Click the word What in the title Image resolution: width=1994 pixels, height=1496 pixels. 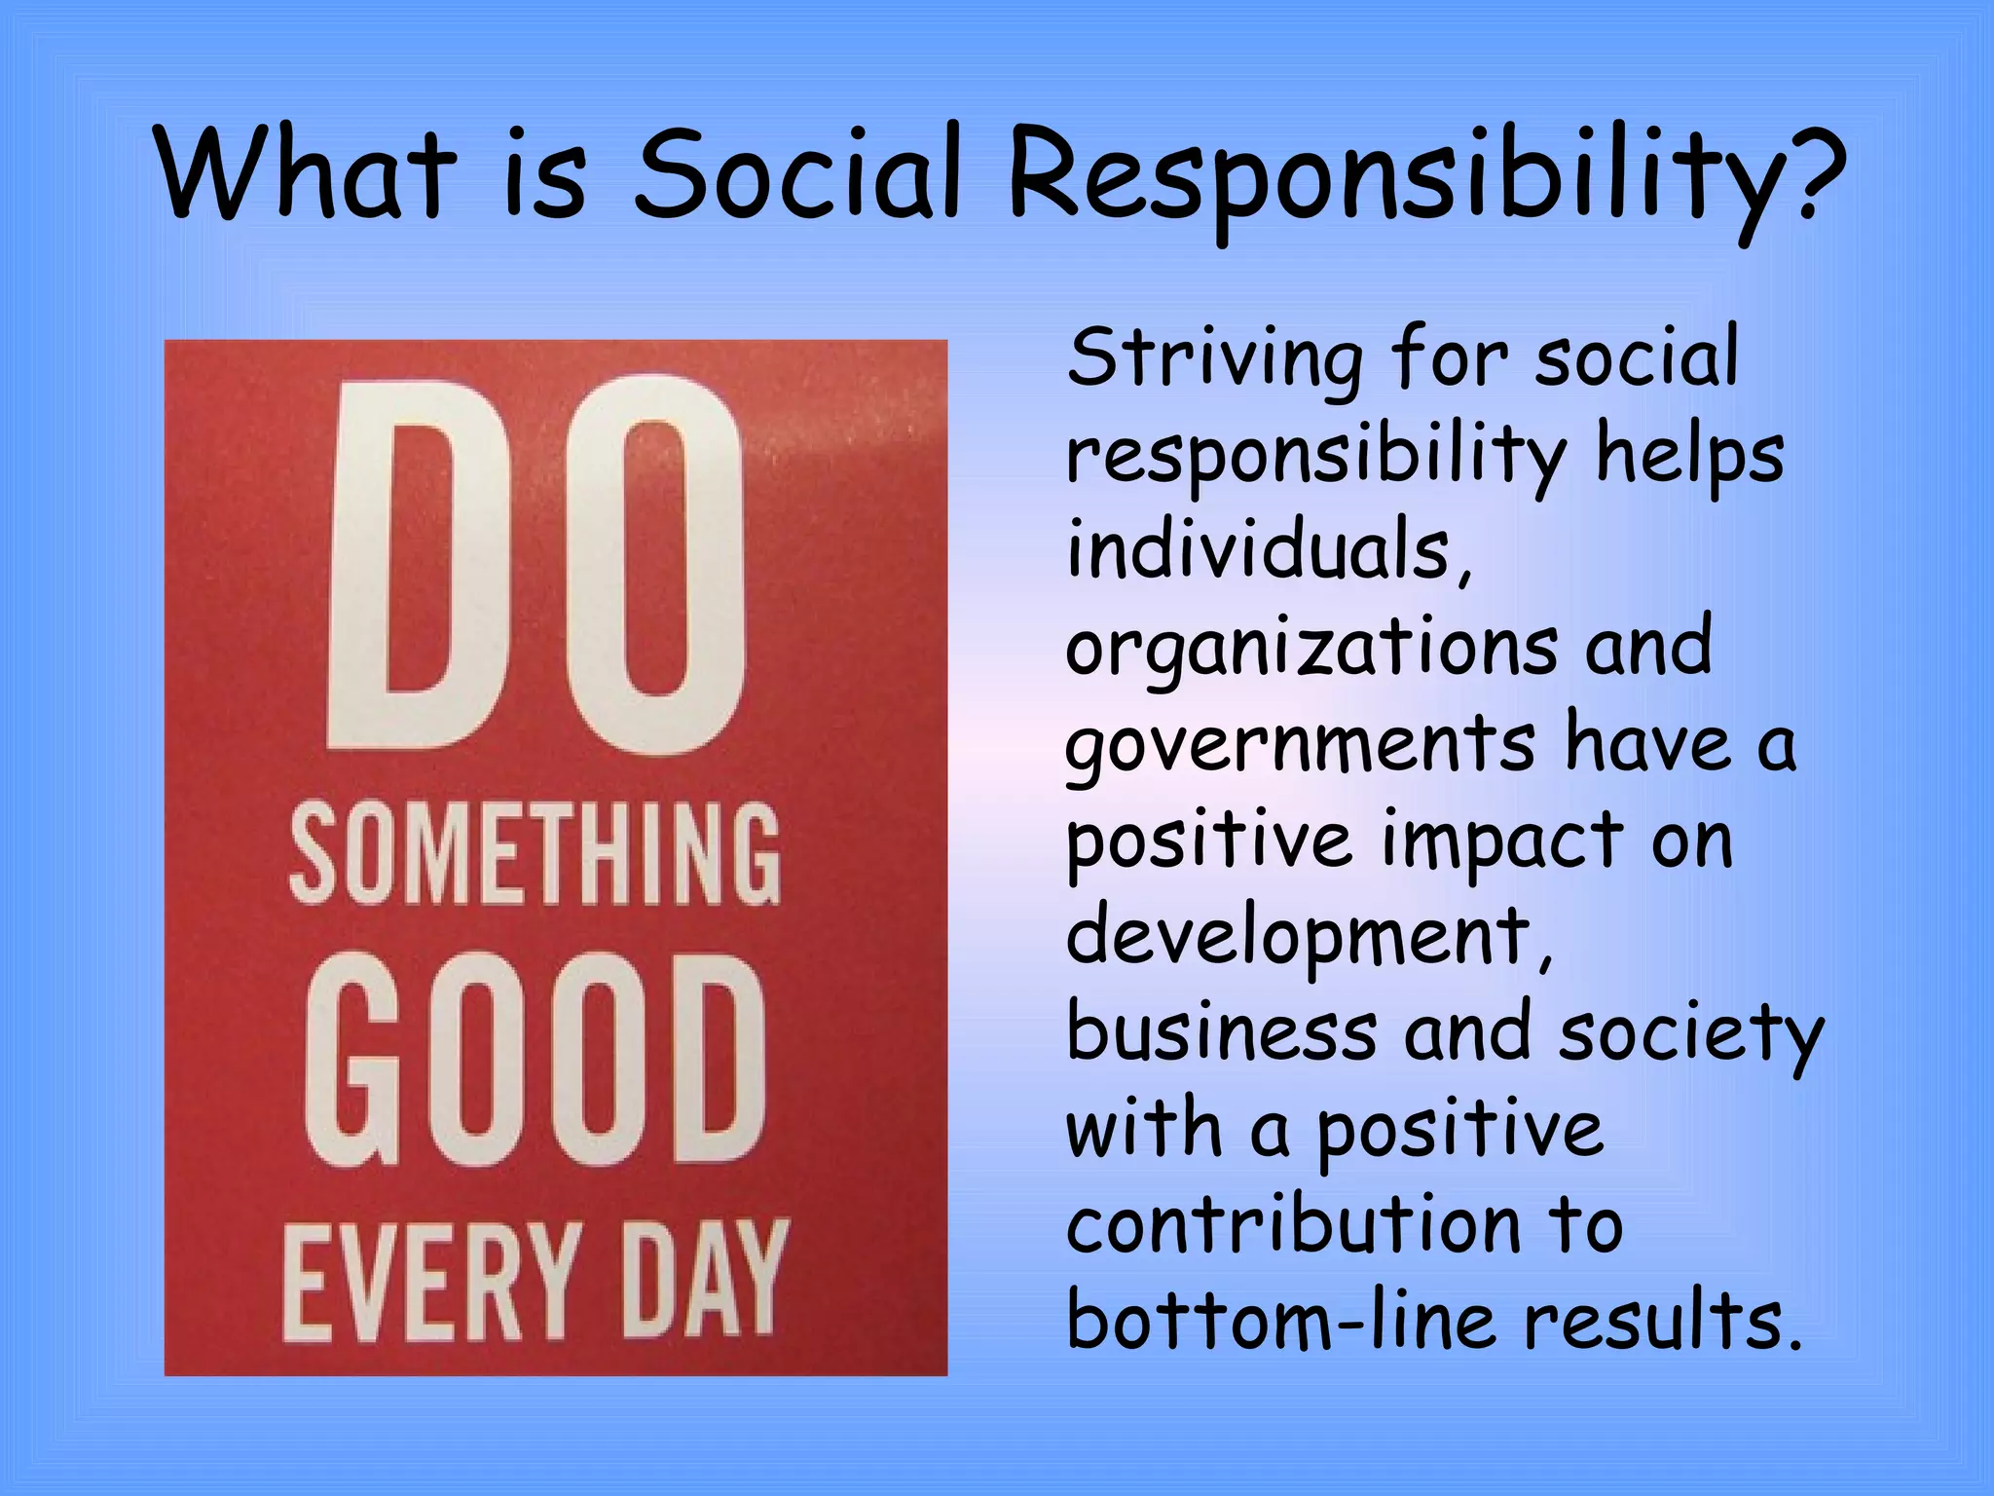point(305,172)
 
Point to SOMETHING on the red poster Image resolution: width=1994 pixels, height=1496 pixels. point(535,854)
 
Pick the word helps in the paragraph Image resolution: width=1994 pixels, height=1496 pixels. point(1689,455)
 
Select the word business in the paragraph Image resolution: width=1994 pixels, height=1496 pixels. point(1222,1032)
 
